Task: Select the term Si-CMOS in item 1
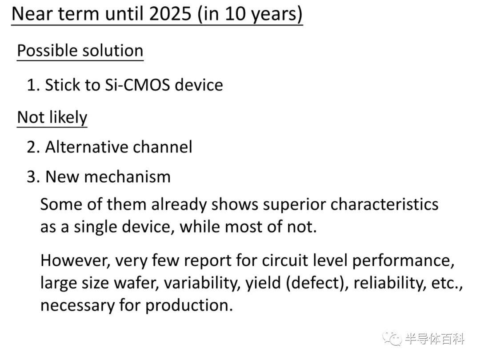click(x=137, y=85)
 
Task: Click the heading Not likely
click(x=52, y=117)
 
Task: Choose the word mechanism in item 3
click(x=127, y=177)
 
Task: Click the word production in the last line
click(x=189, y=306)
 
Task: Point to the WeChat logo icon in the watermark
click(x=392, y=339)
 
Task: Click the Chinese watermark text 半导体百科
click(x=435, y=339)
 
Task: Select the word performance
click(x=403, y=261)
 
